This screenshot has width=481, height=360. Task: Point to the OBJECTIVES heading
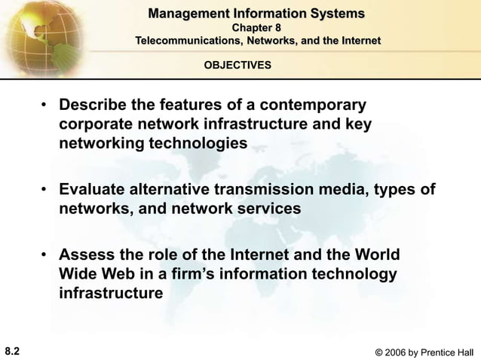click(238, 66)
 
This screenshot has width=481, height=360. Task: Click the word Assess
click(84, 254)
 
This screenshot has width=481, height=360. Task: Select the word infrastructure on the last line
click(111, 292)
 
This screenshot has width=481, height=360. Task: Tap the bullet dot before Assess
click(46, 255)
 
